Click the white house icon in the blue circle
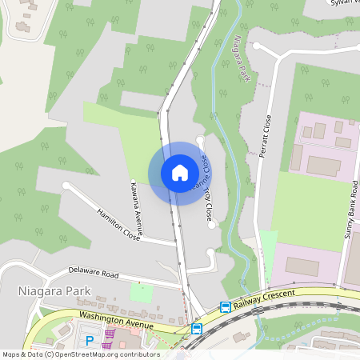click(180, 173)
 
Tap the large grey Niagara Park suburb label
click(54, 291)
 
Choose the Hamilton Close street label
click(118, 224)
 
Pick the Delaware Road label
click(94, 273)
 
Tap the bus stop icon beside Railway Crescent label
click(226, 307)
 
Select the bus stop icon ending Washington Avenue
click(197, 329)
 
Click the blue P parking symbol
click(90, 340)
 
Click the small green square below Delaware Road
click(142, 293)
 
